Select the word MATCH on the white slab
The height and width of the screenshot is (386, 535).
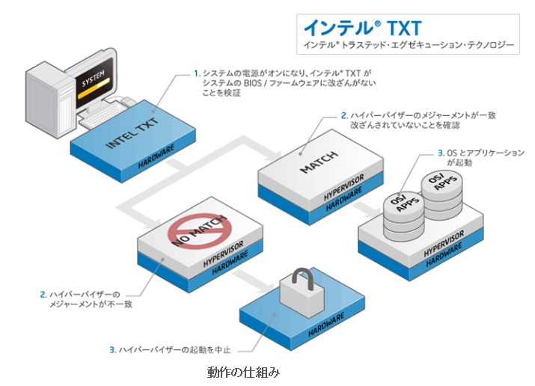click(319, 162)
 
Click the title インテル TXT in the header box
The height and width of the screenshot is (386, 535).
click(351, 28)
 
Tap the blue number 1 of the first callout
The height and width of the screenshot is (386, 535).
click(196, 73)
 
